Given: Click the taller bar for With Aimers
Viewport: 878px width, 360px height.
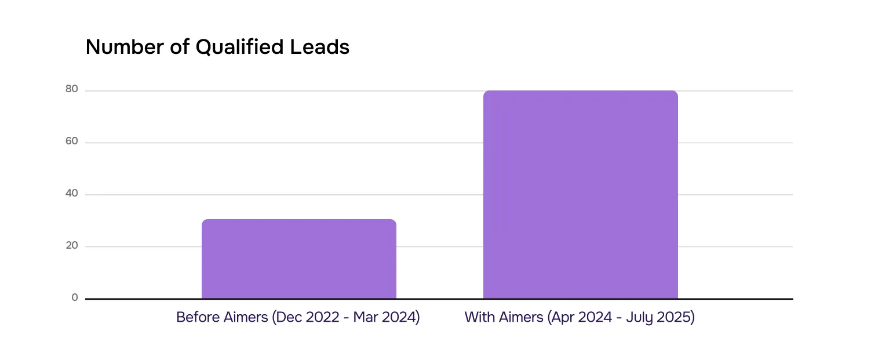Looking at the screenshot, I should point(580,194).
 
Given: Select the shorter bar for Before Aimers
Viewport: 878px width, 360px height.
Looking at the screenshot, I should point(298,259).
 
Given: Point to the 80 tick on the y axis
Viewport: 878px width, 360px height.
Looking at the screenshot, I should point(71,89).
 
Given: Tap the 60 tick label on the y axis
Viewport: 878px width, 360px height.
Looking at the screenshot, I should point(71,141).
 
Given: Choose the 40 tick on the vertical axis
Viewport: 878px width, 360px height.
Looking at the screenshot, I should point(71,194).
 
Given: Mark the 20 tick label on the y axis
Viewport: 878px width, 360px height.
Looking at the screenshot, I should point(71,245).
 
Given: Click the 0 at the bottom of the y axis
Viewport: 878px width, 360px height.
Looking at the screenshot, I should point(74,297).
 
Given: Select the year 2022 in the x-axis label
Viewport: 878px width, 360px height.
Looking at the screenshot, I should point(319,318).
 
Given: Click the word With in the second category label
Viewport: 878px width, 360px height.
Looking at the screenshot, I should point(479,318).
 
